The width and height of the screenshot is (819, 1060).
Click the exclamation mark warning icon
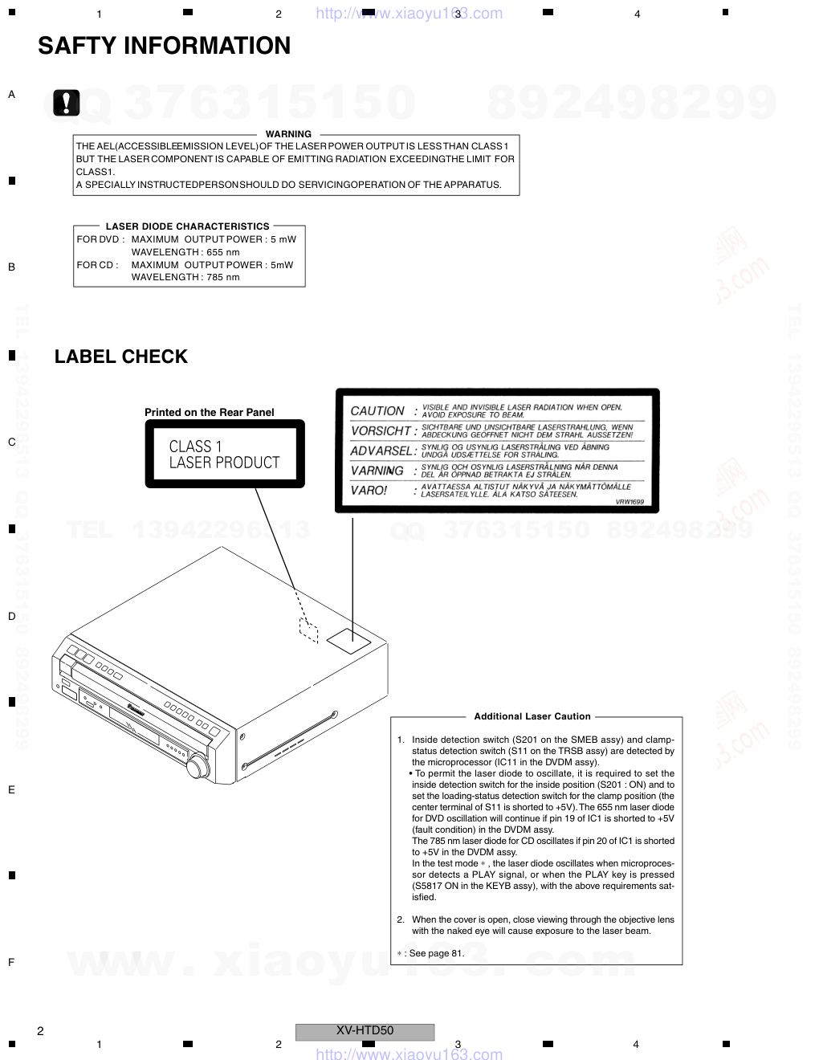tap(67, 103)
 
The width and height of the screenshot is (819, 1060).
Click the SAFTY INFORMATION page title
tap(165, 46)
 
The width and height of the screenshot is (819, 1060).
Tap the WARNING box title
tap(288, 134)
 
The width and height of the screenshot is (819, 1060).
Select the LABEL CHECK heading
tap(121, 357)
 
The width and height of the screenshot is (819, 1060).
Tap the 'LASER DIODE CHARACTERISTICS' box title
tap(187, 226)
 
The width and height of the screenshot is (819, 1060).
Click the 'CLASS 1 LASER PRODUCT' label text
tap(224, 455)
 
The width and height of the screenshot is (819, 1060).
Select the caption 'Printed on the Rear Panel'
tap(210, 412)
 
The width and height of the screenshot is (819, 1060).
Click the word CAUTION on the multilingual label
tap(377, 411)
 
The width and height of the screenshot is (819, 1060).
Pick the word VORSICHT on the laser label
tap(381, 431)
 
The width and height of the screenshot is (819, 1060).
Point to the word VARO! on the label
tap(369, 490)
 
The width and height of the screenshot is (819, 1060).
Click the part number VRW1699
tap(630, 502)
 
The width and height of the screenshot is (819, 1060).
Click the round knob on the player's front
tap(198, 766)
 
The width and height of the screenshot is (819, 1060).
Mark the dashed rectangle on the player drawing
tap(308, 630)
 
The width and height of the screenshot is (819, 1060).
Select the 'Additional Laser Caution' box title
tap(532, 716)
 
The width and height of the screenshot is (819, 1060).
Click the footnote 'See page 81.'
tap(437, 953)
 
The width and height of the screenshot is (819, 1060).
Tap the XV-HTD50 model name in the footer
tap(365, 1030)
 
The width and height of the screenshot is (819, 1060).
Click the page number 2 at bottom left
tap(40, 1031)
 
